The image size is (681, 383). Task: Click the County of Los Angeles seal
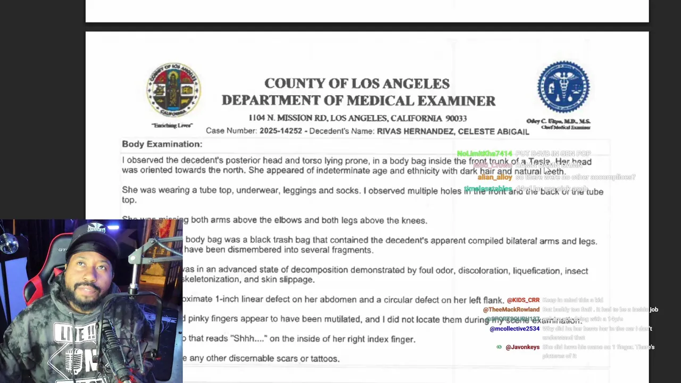173,90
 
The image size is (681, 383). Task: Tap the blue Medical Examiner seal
563,87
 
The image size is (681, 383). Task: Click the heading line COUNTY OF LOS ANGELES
357,84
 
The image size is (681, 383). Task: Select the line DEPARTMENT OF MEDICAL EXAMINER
359,101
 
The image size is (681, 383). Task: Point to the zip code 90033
456,119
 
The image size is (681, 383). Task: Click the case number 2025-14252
280,131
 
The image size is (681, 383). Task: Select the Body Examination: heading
162,144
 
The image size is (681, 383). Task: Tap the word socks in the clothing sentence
348,190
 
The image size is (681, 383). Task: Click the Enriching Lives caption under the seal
172,126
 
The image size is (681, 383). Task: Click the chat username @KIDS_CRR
523,301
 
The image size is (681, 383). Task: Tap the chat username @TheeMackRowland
511,310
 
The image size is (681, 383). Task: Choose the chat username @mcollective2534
514,329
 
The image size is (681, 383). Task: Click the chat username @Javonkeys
522,347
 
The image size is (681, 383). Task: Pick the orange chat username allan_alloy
495,177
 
